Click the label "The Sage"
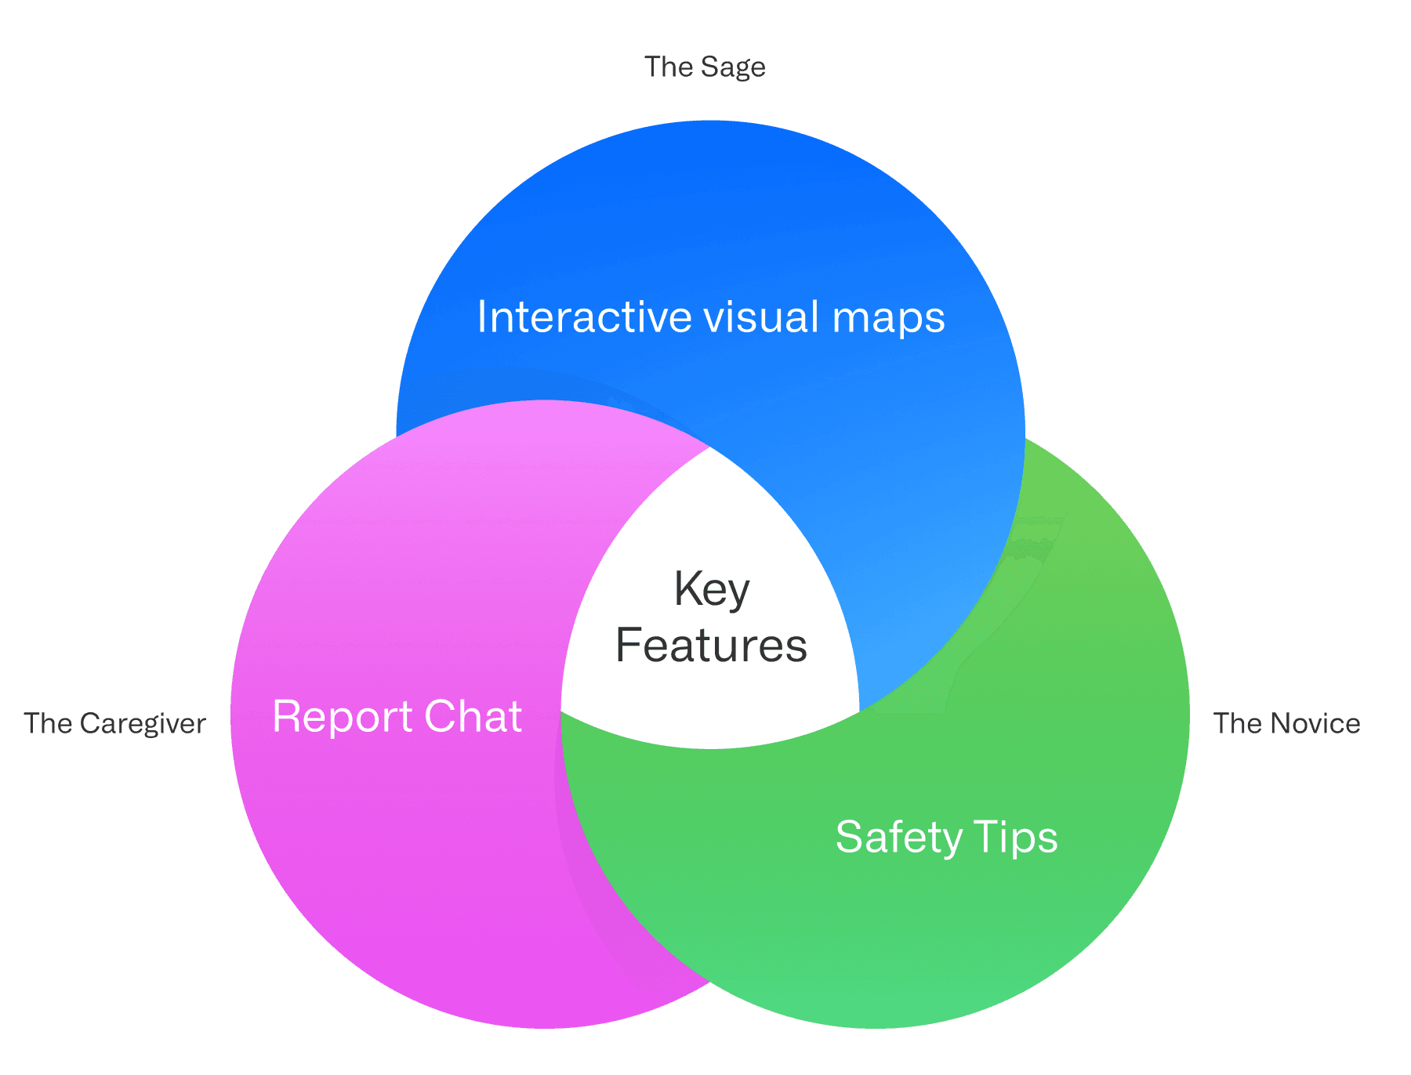(704, 67)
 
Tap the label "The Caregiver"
(114, 723)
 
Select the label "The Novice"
(1286, 723)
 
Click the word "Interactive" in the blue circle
(584, 317)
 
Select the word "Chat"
(473, 717)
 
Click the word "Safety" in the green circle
(898, 838)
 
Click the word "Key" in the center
(712, 589)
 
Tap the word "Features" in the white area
(711, 646)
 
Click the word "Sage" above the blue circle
(733, 67)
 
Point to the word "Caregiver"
(143, 723)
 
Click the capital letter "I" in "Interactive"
(482, 317)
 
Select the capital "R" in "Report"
(285, 717)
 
